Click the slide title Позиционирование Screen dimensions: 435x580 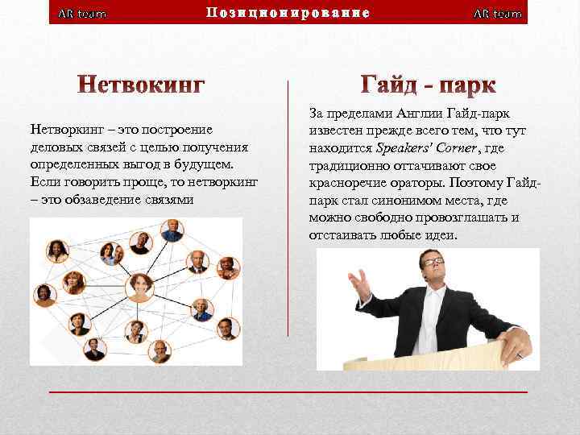click(288, 13)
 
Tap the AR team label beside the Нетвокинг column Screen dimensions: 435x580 click(83, 14)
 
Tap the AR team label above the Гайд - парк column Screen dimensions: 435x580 click(497, 14)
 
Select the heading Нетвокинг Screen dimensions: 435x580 click(141, 84)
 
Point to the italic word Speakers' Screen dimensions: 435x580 click(405, 148)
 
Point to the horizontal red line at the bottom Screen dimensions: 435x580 click(288, 391)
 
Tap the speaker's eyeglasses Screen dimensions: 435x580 click(433, 262)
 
